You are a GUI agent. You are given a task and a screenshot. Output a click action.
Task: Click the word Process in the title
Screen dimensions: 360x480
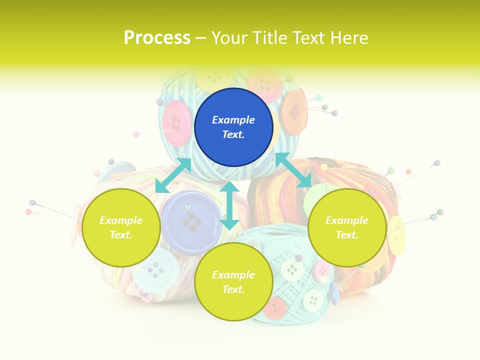pos(157,38)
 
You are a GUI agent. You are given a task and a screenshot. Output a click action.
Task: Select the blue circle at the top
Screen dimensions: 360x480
pos(233,127)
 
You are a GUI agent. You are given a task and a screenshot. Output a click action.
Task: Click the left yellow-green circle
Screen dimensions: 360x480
pos(121,227)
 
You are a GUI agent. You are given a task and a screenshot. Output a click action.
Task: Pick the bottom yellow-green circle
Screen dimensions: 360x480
pos(233,282)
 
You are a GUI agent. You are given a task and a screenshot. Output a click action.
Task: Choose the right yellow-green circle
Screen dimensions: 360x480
pos(347,227)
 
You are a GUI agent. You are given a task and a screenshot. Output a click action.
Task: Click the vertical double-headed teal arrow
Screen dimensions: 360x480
pos(229,205)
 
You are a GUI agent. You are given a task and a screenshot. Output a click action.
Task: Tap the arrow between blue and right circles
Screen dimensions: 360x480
pos(293,170)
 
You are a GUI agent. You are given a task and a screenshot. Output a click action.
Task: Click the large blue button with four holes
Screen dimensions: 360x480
pos(191,222)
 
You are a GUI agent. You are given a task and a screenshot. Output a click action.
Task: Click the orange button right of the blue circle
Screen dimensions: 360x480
pos(294,111)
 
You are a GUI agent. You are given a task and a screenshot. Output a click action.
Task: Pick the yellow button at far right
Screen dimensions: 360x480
pos(396,235)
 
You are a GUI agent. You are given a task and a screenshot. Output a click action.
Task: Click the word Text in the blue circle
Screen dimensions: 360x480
pos(233,134)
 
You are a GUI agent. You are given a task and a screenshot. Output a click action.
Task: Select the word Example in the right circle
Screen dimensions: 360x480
pos(347,220)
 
